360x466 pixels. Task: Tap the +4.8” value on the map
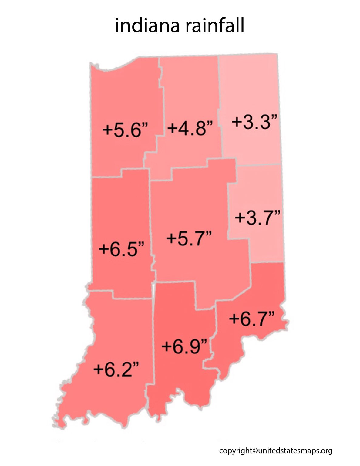tap(190, 127)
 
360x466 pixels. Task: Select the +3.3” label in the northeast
tap(254, 122)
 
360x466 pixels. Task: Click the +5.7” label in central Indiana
tap(189, 238)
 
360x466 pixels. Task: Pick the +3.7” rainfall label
tap(257, 218)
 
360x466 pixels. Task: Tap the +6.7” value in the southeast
tap(252, 319)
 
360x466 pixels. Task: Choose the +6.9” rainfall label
tap(184, 346)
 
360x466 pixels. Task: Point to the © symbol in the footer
tap(255, 451)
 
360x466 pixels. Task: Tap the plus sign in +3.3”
tap(237, 123)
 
